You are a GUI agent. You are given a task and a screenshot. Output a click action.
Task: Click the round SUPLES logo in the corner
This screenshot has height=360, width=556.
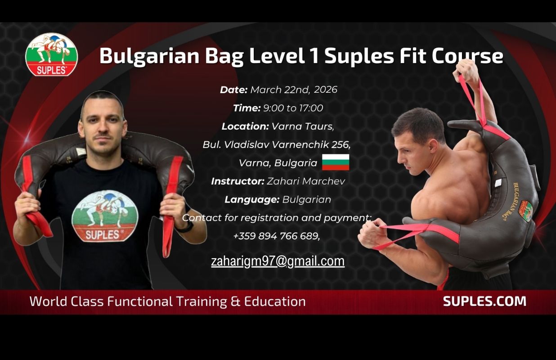pos(52,54)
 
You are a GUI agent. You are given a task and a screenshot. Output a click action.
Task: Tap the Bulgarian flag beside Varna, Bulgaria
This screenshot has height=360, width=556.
pos(336,162)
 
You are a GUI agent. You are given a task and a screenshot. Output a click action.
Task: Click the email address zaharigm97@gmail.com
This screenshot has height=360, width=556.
pos(278,261)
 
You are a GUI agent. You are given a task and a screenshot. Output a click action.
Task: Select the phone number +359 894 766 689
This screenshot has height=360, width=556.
pos(276,236)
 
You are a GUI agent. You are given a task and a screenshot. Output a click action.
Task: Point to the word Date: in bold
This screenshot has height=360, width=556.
pos(234,90)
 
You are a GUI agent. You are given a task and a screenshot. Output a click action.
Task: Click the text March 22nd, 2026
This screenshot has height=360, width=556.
pos(294,90)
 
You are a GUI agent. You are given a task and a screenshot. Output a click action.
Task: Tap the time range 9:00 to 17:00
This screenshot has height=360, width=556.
pos(293,108)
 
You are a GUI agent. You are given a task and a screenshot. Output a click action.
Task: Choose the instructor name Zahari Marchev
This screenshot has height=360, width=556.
pos(306,181)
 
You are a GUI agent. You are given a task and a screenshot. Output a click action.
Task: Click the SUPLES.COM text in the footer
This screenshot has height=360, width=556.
pos(484,301)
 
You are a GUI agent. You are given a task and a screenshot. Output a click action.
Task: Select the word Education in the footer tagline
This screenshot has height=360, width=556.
pos(275,301)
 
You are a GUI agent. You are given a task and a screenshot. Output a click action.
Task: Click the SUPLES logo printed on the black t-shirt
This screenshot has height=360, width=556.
pos(105,216)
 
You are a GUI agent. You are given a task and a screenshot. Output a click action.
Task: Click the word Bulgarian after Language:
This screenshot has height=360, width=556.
pos(306,200)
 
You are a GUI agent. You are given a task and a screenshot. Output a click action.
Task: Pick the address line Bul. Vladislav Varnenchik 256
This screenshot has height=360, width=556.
pos(277,144)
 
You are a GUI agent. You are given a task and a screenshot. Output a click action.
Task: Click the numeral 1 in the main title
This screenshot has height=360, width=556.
pos(314,56)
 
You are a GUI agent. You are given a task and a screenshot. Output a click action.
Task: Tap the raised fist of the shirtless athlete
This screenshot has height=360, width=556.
pos(466,71)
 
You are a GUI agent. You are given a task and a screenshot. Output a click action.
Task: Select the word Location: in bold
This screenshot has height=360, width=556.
pos(245,126)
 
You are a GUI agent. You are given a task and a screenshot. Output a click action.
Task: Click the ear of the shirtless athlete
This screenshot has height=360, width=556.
pos(433,146)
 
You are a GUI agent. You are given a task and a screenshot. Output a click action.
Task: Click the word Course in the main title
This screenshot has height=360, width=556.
pos(467,56)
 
